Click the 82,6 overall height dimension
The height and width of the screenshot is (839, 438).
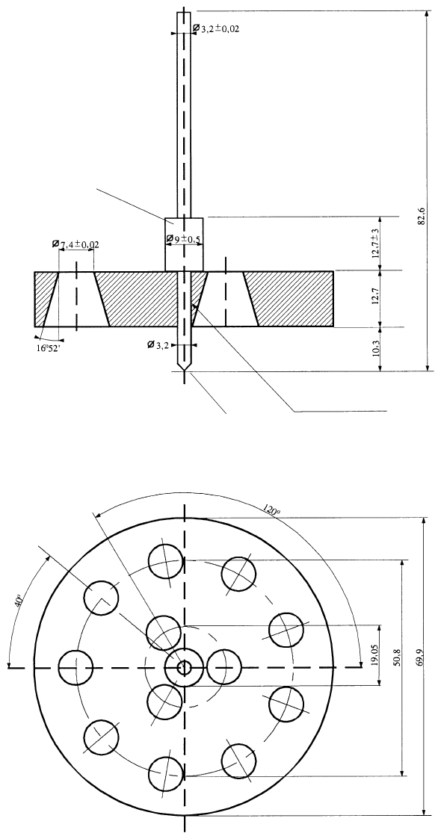(x=422, y=216)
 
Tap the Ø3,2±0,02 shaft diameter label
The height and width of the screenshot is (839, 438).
(x=216, y=28)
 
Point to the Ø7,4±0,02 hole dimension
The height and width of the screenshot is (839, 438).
(x=75, y=244)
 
